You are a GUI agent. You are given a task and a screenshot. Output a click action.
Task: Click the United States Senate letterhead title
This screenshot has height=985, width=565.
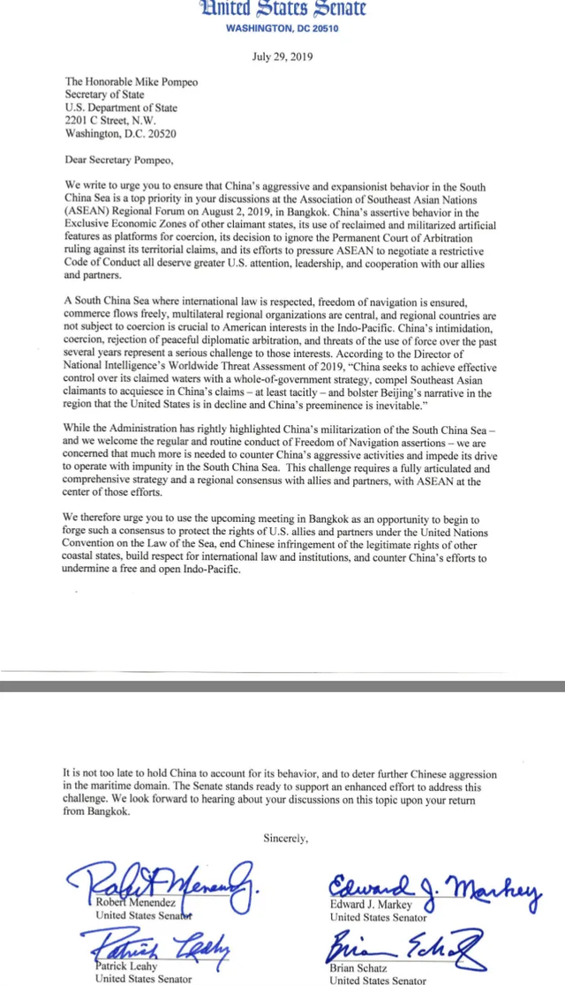click(x=282, y=10)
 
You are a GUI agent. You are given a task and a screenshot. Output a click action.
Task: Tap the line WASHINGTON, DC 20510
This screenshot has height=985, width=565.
click(x=282, y=28)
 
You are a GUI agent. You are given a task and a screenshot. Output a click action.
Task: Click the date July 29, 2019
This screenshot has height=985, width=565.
click(x=282, y=57)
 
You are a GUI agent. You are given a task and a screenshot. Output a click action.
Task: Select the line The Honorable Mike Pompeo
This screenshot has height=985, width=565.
click(x=132, y=82)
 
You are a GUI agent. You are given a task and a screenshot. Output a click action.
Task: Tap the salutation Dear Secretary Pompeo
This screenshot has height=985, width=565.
click(x=120, y=160)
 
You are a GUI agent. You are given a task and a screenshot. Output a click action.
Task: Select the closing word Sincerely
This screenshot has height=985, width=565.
click(x=285, y=838)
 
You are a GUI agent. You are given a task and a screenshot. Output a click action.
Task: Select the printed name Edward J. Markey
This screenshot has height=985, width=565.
click(x=371, y=905)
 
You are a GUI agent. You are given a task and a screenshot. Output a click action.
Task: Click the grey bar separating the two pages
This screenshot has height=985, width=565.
click(x=282, y=685)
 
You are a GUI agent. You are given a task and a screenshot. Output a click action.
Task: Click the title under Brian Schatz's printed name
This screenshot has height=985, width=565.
click(x=377, y=980)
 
